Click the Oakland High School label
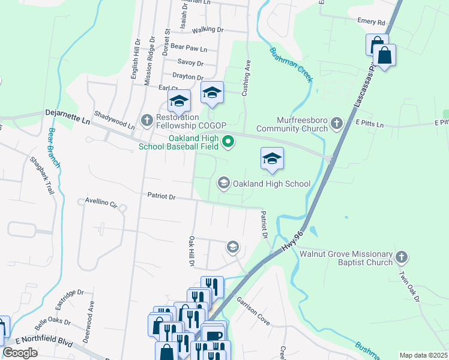271,184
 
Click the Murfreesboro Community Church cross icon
337,124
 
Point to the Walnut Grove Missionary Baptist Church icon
402,258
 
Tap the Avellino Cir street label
100,203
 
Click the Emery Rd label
371,22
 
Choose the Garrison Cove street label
253,310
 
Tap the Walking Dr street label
207,29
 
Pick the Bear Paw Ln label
188,46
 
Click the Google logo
20,353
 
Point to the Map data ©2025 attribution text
424,355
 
